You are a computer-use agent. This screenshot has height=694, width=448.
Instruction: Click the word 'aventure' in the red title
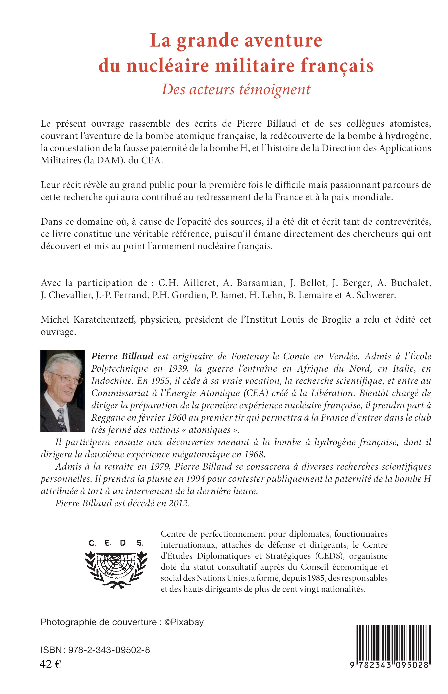(283, 40)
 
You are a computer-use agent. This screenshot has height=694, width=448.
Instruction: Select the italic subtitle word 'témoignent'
(275, 90)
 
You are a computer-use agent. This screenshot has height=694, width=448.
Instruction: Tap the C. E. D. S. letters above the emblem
(116, 543)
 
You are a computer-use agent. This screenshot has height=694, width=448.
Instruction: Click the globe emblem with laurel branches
(116, 569)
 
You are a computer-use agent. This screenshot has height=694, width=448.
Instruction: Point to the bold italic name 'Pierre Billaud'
(122, 356)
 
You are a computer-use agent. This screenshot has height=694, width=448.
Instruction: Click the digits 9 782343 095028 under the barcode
(389, 665)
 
